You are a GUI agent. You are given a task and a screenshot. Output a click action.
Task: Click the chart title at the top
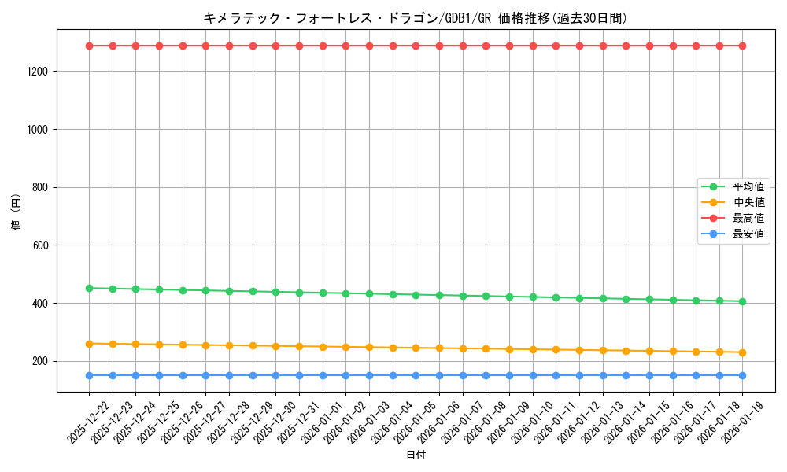[x=415, y=18]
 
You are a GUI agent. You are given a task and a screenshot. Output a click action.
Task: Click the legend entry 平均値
[x=748, y=186]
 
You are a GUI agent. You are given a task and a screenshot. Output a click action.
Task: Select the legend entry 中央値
[x=748, y=202]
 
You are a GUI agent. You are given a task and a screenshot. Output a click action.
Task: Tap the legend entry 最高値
[x=748, y=218]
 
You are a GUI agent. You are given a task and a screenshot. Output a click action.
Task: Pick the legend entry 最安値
[x=748, y=234]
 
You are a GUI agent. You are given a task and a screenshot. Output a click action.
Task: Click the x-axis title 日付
[x=416, y=455]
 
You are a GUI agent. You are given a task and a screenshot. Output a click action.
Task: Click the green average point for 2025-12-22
[x=89, y=288]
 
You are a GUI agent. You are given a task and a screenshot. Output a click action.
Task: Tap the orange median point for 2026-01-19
[x=742, y=352]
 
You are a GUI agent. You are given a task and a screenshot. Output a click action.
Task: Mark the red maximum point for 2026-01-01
[x=323, y=46]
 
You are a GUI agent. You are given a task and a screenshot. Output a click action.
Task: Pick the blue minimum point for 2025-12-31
[x=299, y=375]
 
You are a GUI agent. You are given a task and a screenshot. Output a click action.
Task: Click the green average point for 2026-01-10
[x=533, y=297]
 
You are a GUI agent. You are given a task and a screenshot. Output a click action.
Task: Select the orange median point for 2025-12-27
[x=205, y=345]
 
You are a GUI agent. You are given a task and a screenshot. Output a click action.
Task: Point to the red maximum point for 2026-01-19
[x=742, y=46]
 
